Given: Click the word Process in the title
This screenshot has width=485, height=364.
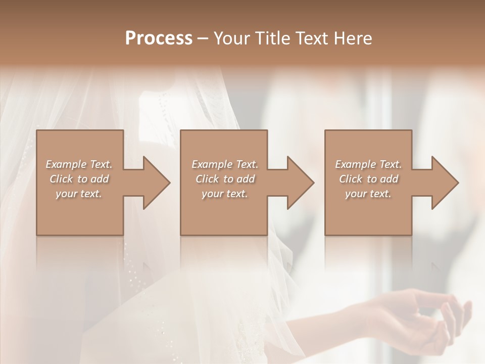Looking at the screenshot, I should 159,38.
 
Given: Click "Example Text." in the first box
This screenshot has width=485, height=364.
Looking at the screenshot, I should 79,164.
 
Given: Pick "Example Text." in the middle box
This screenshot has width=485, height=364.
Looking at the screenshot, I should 225,164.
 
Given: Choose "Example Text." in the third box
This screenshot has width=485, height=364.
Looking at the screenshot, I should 368,164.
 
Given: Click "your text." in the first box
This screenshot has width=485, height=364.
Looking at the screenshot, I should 79,194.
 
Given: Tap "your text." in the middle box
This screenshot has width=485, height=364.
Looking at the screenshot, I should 225,194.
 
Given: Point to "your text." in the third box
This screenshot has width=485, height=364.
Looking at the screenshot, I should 368,194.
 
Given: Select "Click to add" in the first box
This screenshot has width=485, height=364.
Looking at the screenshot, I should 79,179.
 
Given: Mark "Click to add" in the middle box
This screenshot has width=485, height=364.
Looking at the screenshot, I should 225,179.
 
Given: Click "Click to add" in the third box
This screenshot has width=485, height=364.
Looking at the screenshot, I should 368,179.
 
